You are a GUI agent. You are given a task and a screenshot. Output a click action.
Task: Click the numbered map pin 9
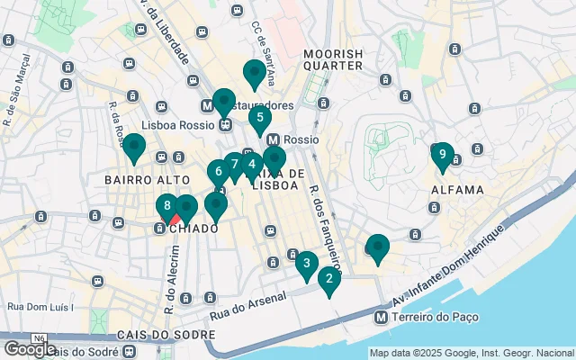coord(441,155)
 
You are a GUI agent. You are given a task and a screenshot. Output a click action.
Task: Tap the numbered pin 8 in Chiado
coord(167,205)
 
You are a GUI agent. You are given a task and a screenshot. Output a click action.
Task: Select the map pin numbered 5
coord(260,116)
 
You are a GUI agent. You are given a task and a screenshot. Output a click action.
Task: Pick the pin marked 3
coord(306,263)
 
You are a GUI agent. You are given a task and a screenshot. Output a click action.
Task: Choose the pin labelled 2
coord(329,278)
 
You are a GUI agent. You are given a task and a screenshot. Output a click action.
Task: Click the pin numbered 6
coord(219,170)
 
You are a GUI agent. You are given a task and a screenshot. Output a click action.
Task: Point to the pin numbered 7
coord(235,164)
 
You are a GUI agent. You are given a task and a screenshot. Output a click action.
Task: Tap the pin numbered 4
coord(252,165)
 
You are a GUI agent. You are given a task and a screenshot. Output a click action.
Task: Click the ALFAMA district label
coord(457,190)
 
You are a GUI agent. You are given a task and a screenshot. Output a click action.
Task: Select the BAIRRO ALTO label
coord(142,180)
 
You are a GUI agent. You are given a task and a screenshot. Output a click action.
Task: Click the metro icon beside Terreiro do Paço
coord(382,317)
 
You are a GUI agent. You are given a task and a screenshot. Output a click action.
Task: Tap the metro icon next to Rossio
coord(273,140)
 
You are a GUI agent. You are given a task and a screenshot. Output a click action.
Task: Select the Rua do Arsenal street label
coord(248,306)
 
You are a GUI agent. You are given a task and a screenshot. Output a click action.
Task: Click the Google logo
coord(29,348)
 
